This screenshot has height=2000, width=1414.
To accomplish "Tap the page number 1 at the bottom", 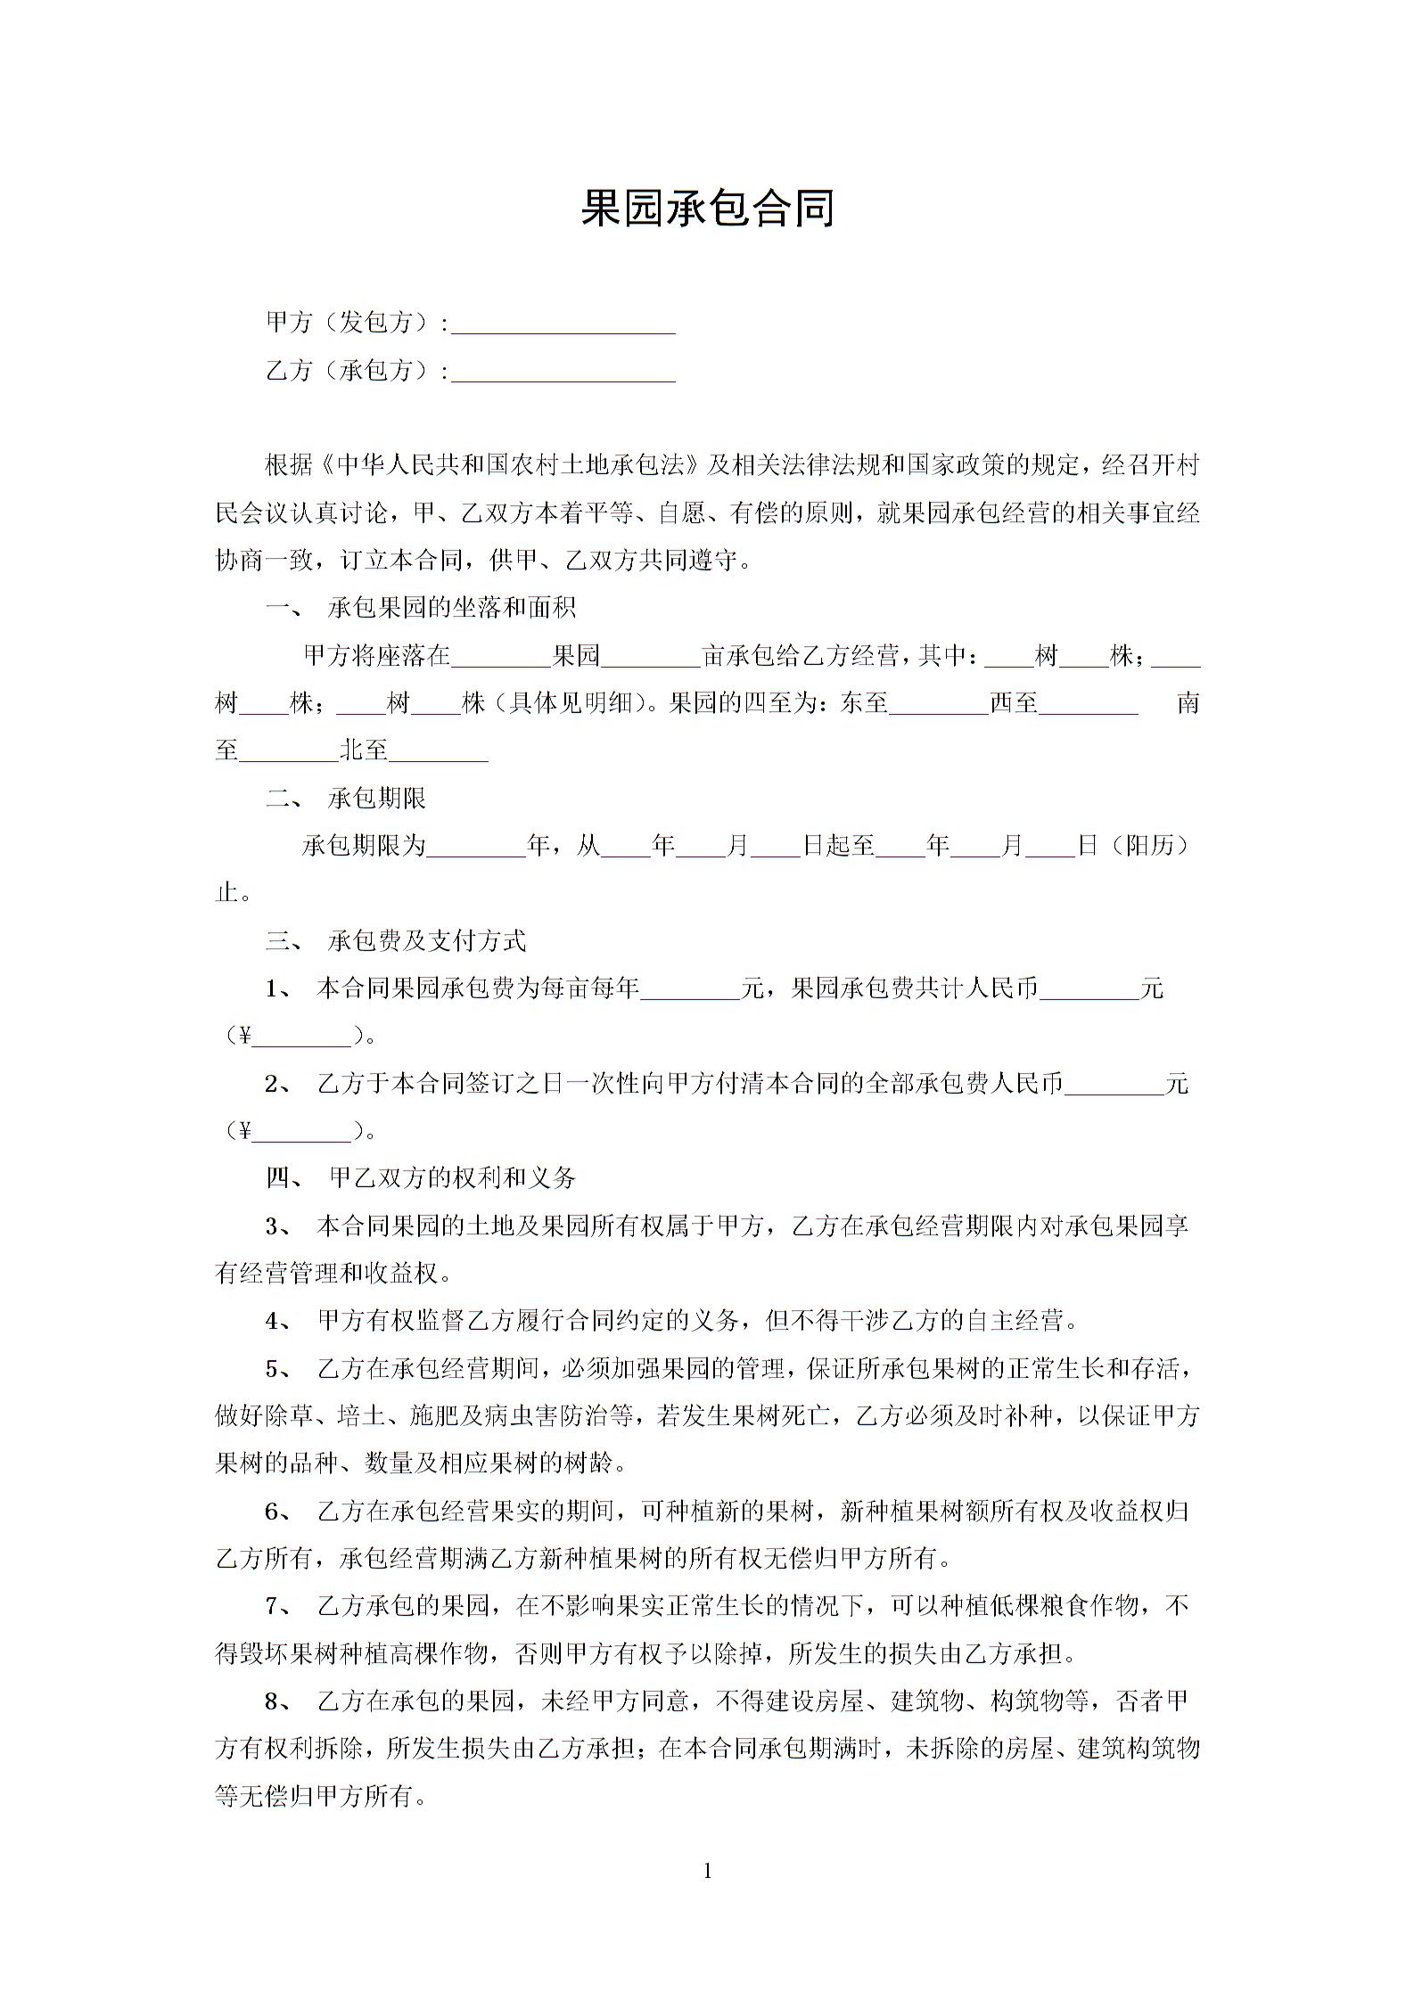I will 708,1871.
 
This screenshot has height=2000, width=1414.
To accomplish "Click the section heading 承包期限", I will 377,798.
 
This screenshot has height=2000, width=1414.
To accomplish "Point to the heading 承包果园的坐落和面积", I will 452,608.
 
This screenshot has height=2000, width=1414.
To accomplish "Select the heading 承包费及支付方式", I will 427,940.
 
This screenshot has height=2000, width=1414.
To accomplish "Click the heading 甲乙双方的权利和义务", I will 452,1178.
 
